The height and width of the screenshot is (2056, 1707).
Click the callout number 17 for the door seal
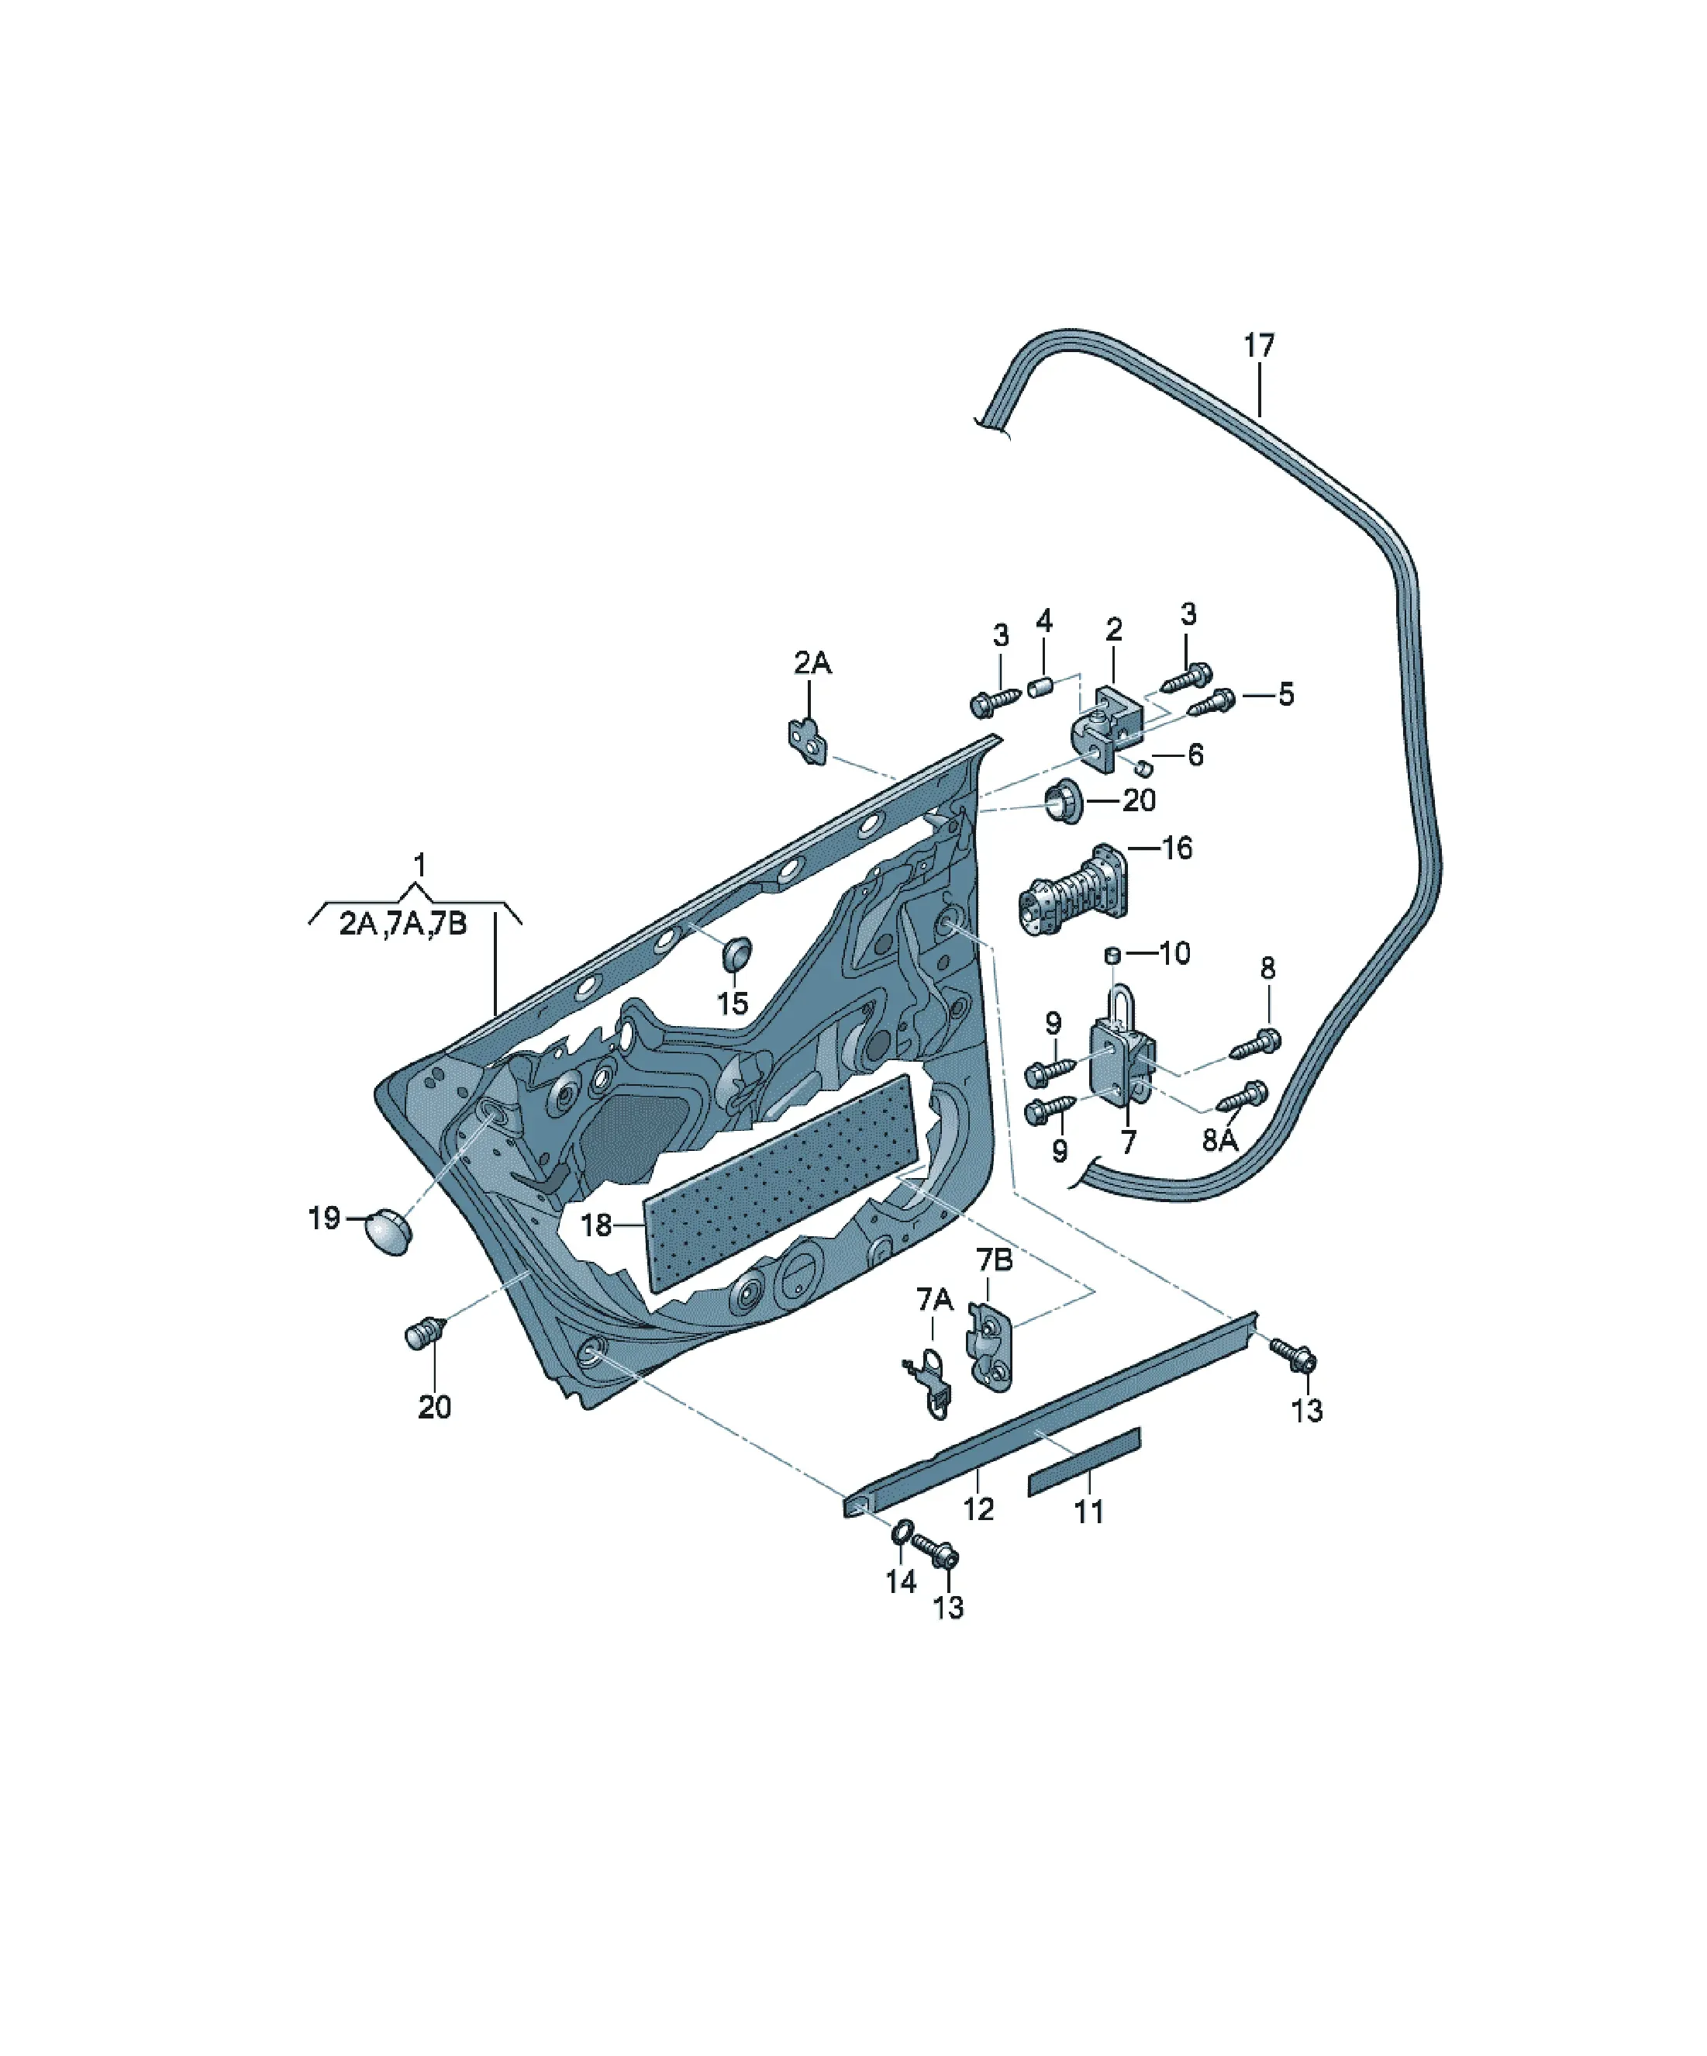coord(1259,346)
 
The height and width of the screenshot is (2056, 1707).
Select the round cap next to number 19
coord(388,1232)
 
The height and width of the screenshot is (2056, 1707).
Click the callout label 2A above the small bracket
coord(812,663)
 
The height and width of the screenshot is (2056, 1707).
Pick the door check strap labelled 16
coord(1074,891)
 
